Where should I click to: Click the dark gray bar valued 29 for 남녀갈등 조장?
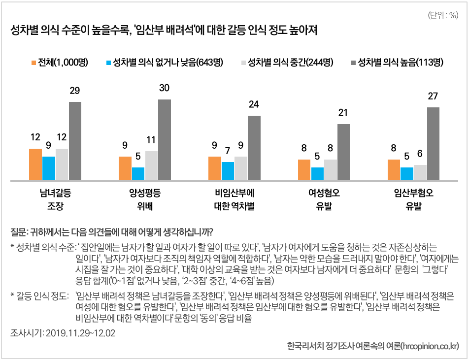click(x=75, y=141)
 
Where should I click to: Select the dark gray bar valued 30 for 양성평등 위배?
click(x=165, y=140)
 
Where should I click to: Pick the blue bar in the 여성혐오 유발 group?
click(x=317, y=174)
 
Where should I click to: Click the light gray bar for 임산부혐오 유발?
click(x=420, y=173)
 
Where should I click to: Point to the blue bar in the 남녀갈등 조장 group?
click(x=49, y=168)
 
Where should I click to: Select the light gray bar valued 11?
click(x=151, y=165)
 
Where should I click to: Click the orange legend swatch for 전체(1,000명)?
click(x=33, y=63)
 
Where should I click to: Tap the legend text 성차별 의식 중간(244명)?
click(x=290, y=63)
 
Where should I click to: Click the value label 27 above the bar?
click(x=433, y=96)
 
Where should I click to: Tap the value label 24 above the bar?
click(x=254, y=104)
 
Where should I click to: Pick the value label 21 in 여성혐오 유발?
click(x=343, y=113)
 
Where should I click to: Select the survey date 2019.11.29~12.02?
click(x=80, y=333)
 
